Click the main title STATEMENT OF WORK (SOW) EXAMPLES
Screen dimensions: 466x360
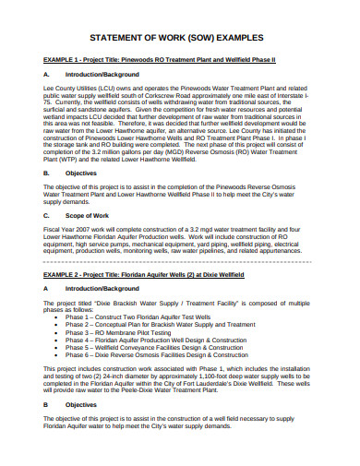tap(180, 38)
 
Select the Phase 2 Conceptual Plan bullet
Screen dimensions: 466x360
tap(172, 325)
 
